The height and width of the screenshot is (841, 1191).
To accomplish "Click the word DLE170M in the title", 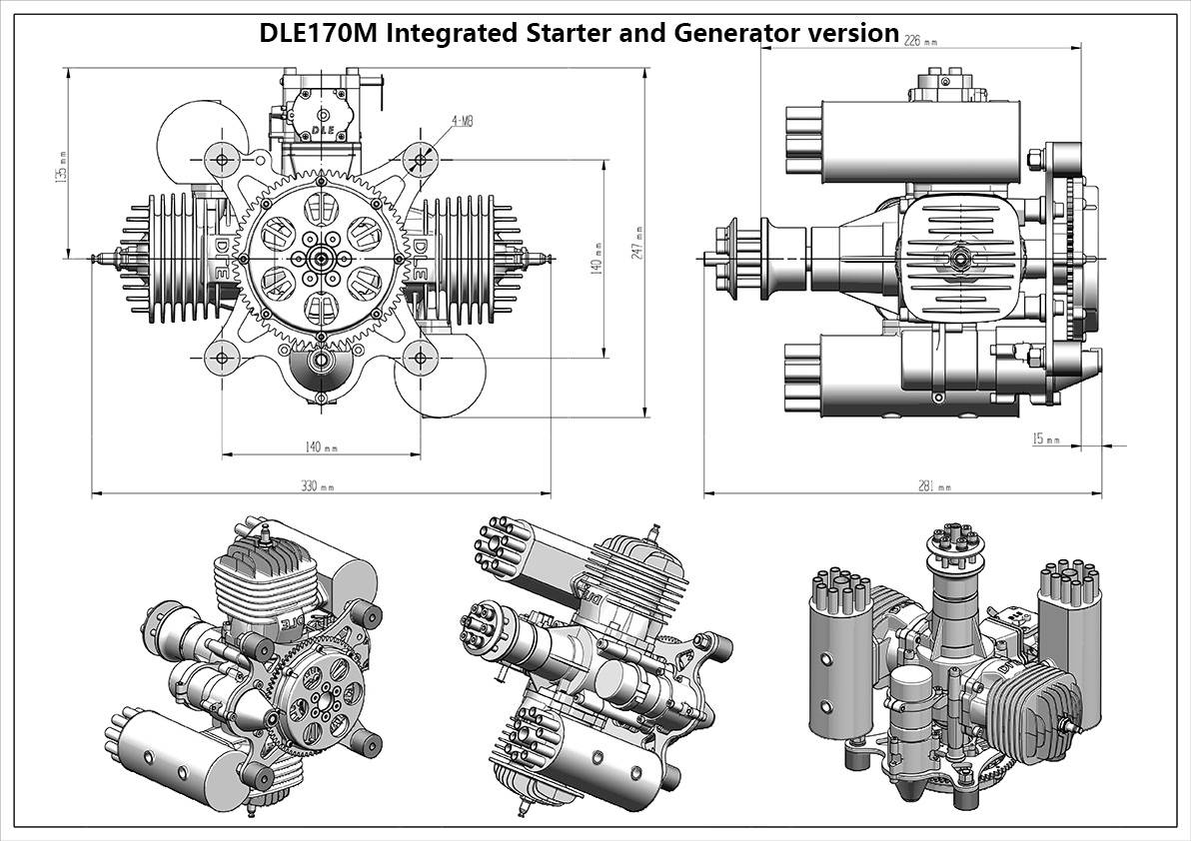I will point(319,33).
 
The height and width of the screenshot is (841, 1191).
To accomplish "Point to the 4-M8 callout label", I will point(463,121).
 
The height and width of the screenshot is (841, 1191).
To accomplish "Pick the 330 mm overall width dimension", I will point(317,486).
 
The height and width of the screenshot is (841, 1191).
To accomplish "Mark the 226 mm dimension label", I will point(919,41).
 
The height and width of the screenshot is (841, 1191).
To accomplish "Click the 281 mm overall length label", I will point(933,486).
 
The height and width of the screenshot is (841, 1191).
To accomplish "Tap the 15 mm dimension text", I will point(1045,438).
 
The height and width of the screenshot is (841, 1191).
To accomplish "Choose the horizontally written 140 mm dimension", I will point(320,446).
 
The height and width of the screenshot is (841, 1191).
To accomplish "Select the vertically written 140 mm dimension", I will point(597,257).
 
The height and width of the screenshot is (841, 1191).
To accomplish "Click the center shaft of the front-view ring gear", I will point(321,257).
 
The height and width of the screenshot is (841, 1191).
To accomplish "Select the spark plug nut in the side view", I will point(957,259).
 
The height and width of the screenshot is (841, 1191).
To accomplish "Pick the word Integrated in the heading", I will point(449,33).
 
